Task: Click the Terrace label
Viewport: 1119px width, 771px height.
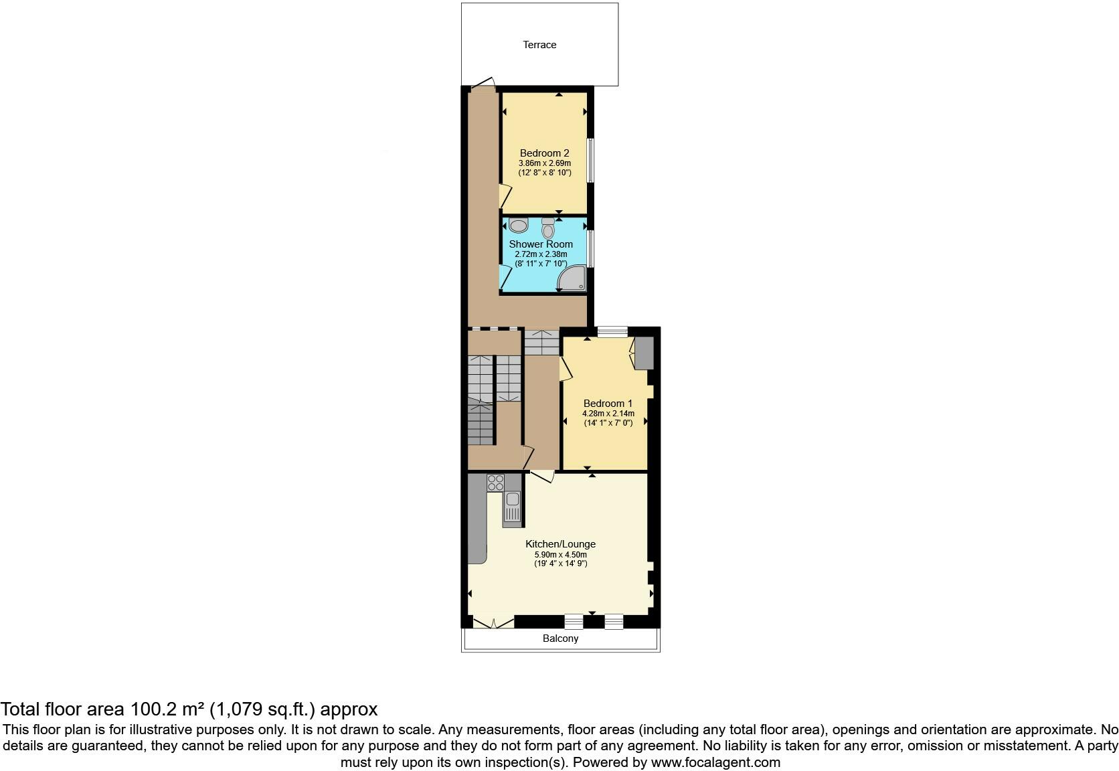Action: (539, 45)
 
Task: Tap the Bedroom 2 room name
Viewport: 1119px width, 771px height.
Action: (544, 153)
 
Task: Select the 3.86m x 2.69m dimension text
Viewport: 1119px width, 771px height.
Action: (544, 163)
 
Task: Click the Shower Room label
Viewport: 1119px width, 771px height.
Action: (541, 244)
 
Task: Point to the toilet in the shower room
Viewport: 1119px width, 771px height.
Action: (548, 229)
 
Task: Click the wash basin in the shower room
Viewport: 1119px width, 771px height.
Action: (519, 224)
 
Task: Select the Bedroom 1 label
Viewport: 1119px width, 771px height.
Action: (608, 404)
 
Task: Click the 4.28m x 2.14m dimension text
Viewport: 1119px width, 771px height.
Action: (608, 414)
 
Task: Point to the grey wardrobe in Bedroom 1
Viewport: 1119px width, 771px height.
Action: (644, 353)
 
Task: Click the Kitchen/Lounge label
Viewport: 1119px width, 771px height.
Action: (560, 544)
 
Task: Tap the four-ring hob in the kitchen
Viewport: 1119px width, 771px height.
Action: (496, 483)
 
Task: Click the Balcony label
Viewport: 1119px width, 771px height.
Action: (560, 638)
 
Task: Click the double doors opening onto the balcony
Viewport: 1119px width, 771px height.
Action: (493, 622)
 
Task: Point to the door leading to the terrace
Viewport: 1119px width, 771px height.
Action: (482, 84)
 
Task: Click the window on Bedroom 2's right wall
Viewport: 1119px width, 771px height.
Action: (590, 160)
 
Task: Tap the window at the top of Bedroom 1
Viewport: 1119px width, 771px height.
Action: (612, 331)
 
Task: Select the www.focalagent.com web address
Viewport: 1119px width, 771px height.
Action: (715, 762)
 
